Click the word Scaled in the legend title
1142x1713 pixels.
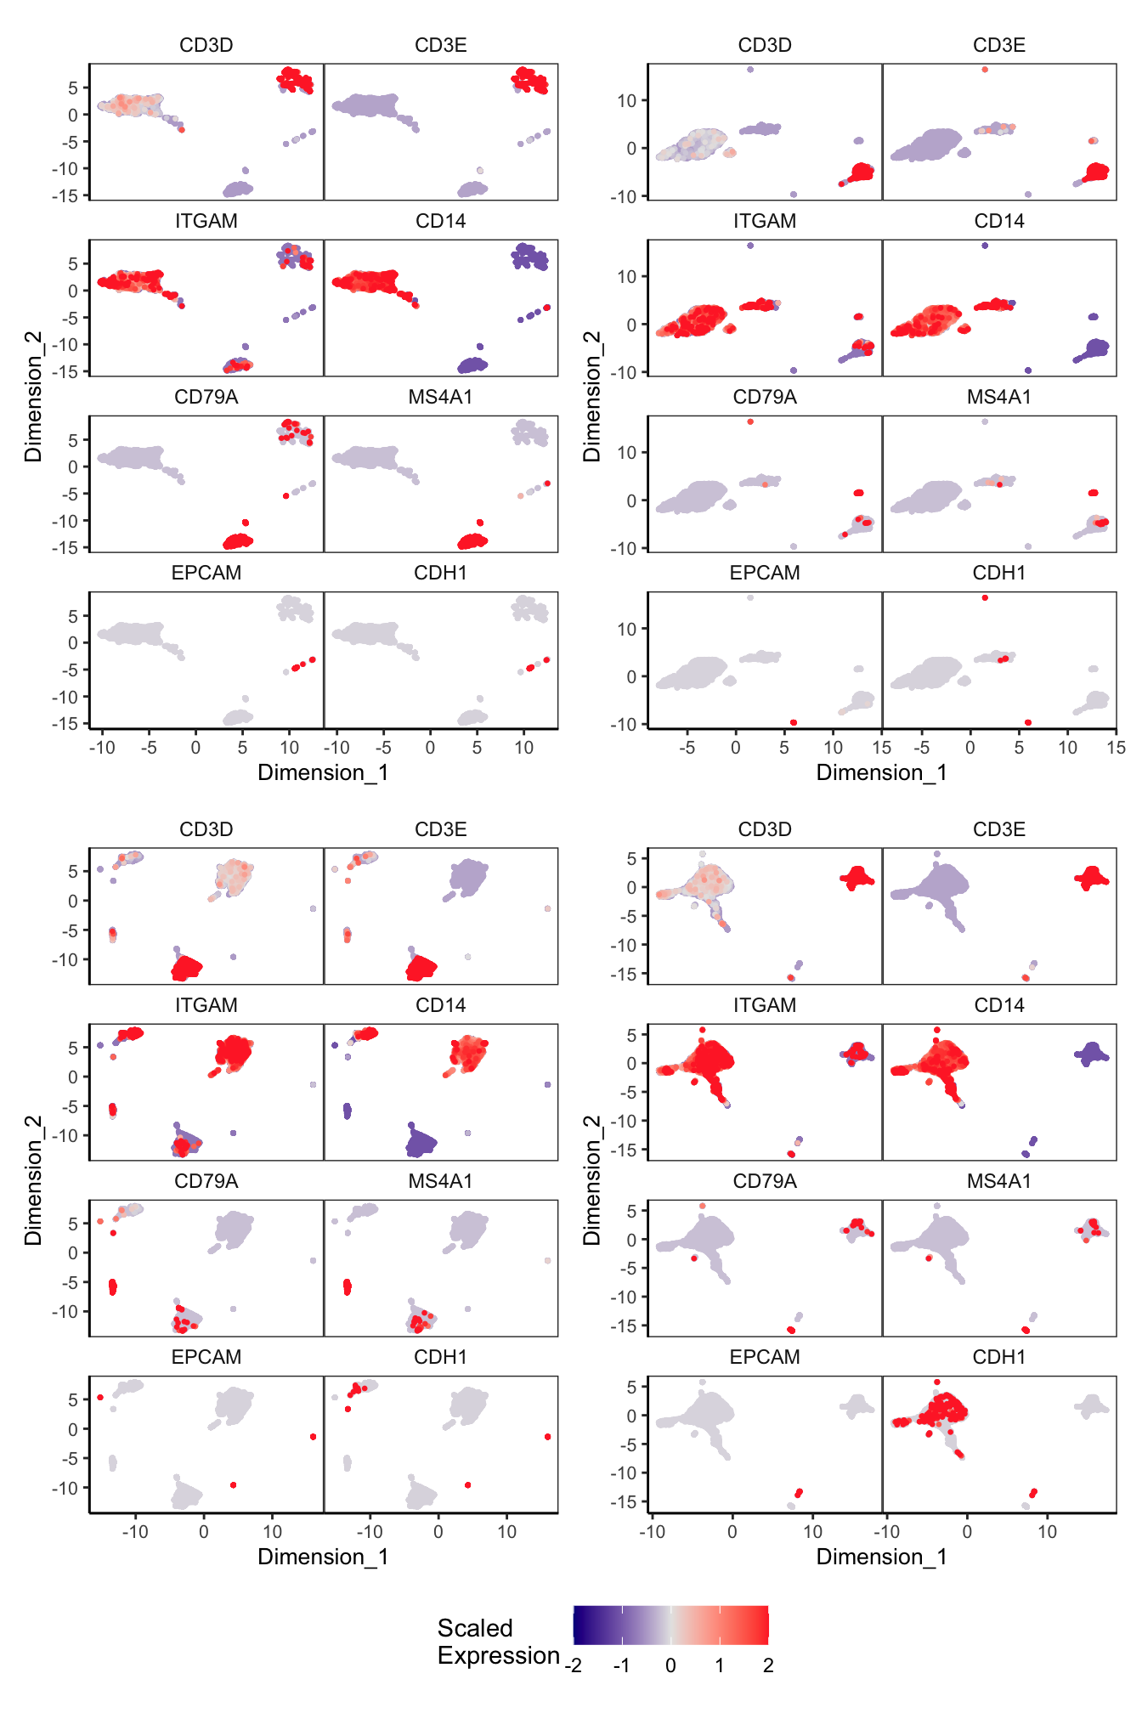pyautogui.click(x=475, y=1627)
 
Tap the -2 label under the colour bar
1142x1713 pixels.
pyautogui.click(x=574, y=1665)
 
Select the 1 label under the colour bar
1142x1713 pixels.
pyautogui.click(x=719, y=1665)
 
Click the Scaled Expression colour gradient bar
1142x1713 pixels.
pyautogui.click(x=670, y=1625)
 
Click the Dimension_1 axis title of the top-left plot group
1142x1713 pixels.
pyautogui.click(x=323, y=772)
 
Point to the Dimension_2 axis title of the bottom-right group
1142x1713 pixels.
pyautogui.click(x=591, y=1180)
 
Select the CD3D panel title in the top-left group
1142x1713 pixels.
pyautogui.click(x=206, y=45)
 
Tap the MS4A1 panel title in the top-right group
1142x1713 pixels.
pyautogui.click(x=998, y=397)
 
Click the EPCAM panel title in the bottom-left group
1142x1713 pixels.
pyautogui.click(x=206, y=1357)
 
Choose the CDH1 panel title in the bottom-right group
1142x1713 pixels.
pyautogui.click(x=998, y=1357)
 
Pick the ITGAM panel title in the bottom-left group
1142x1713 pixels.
pyautogui.click(x=206, y=1005)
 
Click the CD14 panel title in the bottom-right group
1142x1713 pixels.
pyautogui.click(x=998, y=1005)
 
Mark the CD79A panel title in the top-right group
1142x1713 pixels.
pyautogui.click(x=764, y=397)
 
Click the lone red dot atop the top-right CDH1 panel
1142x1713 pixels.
pyautogui.click(x=985, y=598)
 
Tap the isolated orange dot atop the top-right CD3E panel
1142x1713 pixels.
pyautogui.click(x=985, y=70)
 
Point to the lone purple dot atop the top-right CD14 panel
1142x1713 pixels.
pyautogui.click(x=985, y=246)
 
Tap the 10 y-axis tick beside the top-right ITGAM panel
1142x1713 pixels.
pyautogui.click(x=626, y=276)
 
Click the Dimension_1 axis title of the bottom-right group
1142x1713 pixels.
pyautogui.click(x=881, y=1557)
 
